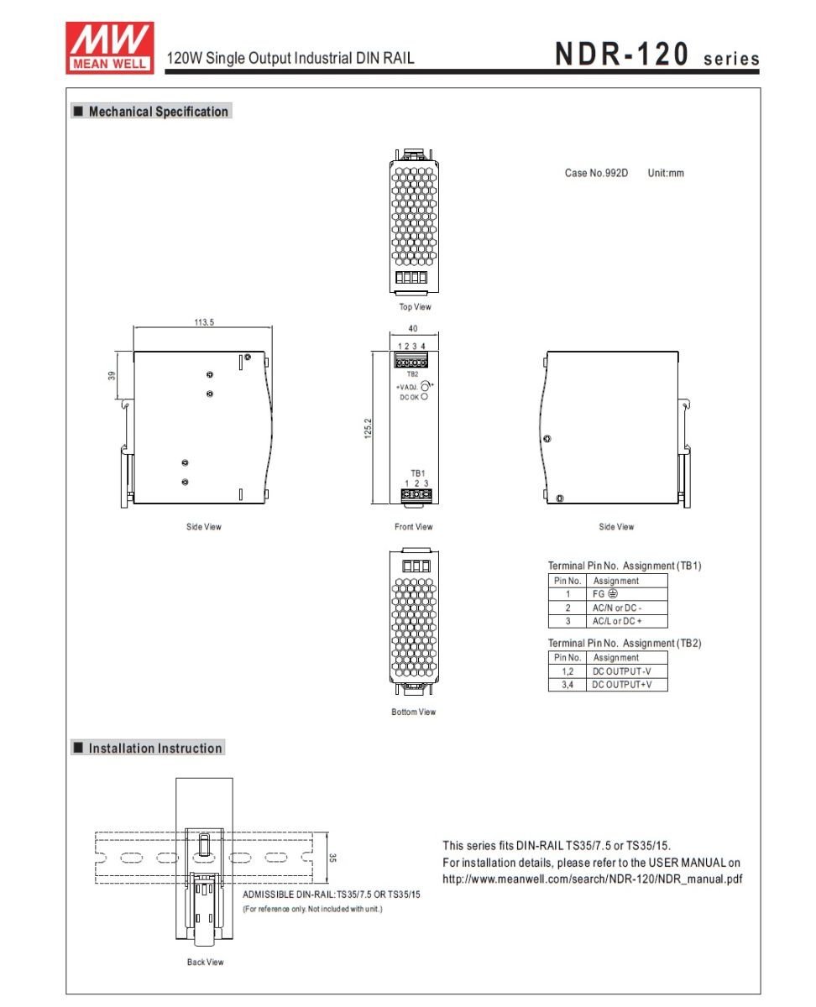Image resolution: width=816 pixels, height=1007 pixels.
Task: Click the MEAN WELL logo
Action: click(x=109, y=46)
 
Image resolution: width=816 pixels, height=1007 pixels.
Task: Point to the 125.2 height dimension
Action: click(x=368, y=428)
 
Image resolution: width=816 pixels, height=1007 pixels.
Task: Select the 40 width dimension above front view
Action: click(x=412, y=330)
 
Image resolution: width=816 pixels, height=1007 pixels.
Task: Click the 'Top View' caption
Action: click(x=415, y=307)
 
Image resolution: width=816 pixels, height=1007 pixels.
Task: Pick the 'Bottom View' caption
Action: click(x=414, y=712)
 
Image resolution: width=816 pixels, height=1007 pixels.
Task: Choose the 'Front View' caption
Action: click(x=414, y=527)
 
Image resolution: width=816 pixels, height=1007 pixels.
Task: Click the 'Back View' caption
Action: click(x=206, y=962)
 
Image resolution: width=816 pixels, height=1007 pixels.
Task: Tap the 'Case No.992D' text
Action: click(x=596, y=173)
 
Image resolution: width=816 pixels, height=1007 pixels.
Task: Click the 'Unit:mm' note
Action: click(x=666, y=173)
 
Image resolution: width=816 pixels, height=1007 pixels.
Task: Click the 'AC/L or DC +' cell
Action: click(x=618, y=621)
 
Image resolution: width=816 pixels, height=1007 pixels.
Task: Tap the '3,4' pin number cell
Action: click(x=567, y=685)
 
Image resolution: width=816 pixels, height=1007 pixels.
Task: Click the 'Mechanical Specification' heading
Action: click(x=158, y=112)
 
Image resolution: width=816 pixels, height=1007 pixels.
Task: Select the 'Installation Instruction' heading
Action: click(x=155, y=749)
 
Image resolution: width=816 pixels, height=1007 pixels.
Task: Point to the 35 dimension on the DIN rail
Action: click(x=332, y=858)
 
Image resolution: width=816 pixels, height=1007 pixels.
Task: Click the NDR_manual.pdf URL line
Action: click(x=592, y=879)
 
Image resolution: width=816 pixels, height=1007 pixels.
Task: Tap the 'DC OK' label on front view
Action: click(x=409, y=397)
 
